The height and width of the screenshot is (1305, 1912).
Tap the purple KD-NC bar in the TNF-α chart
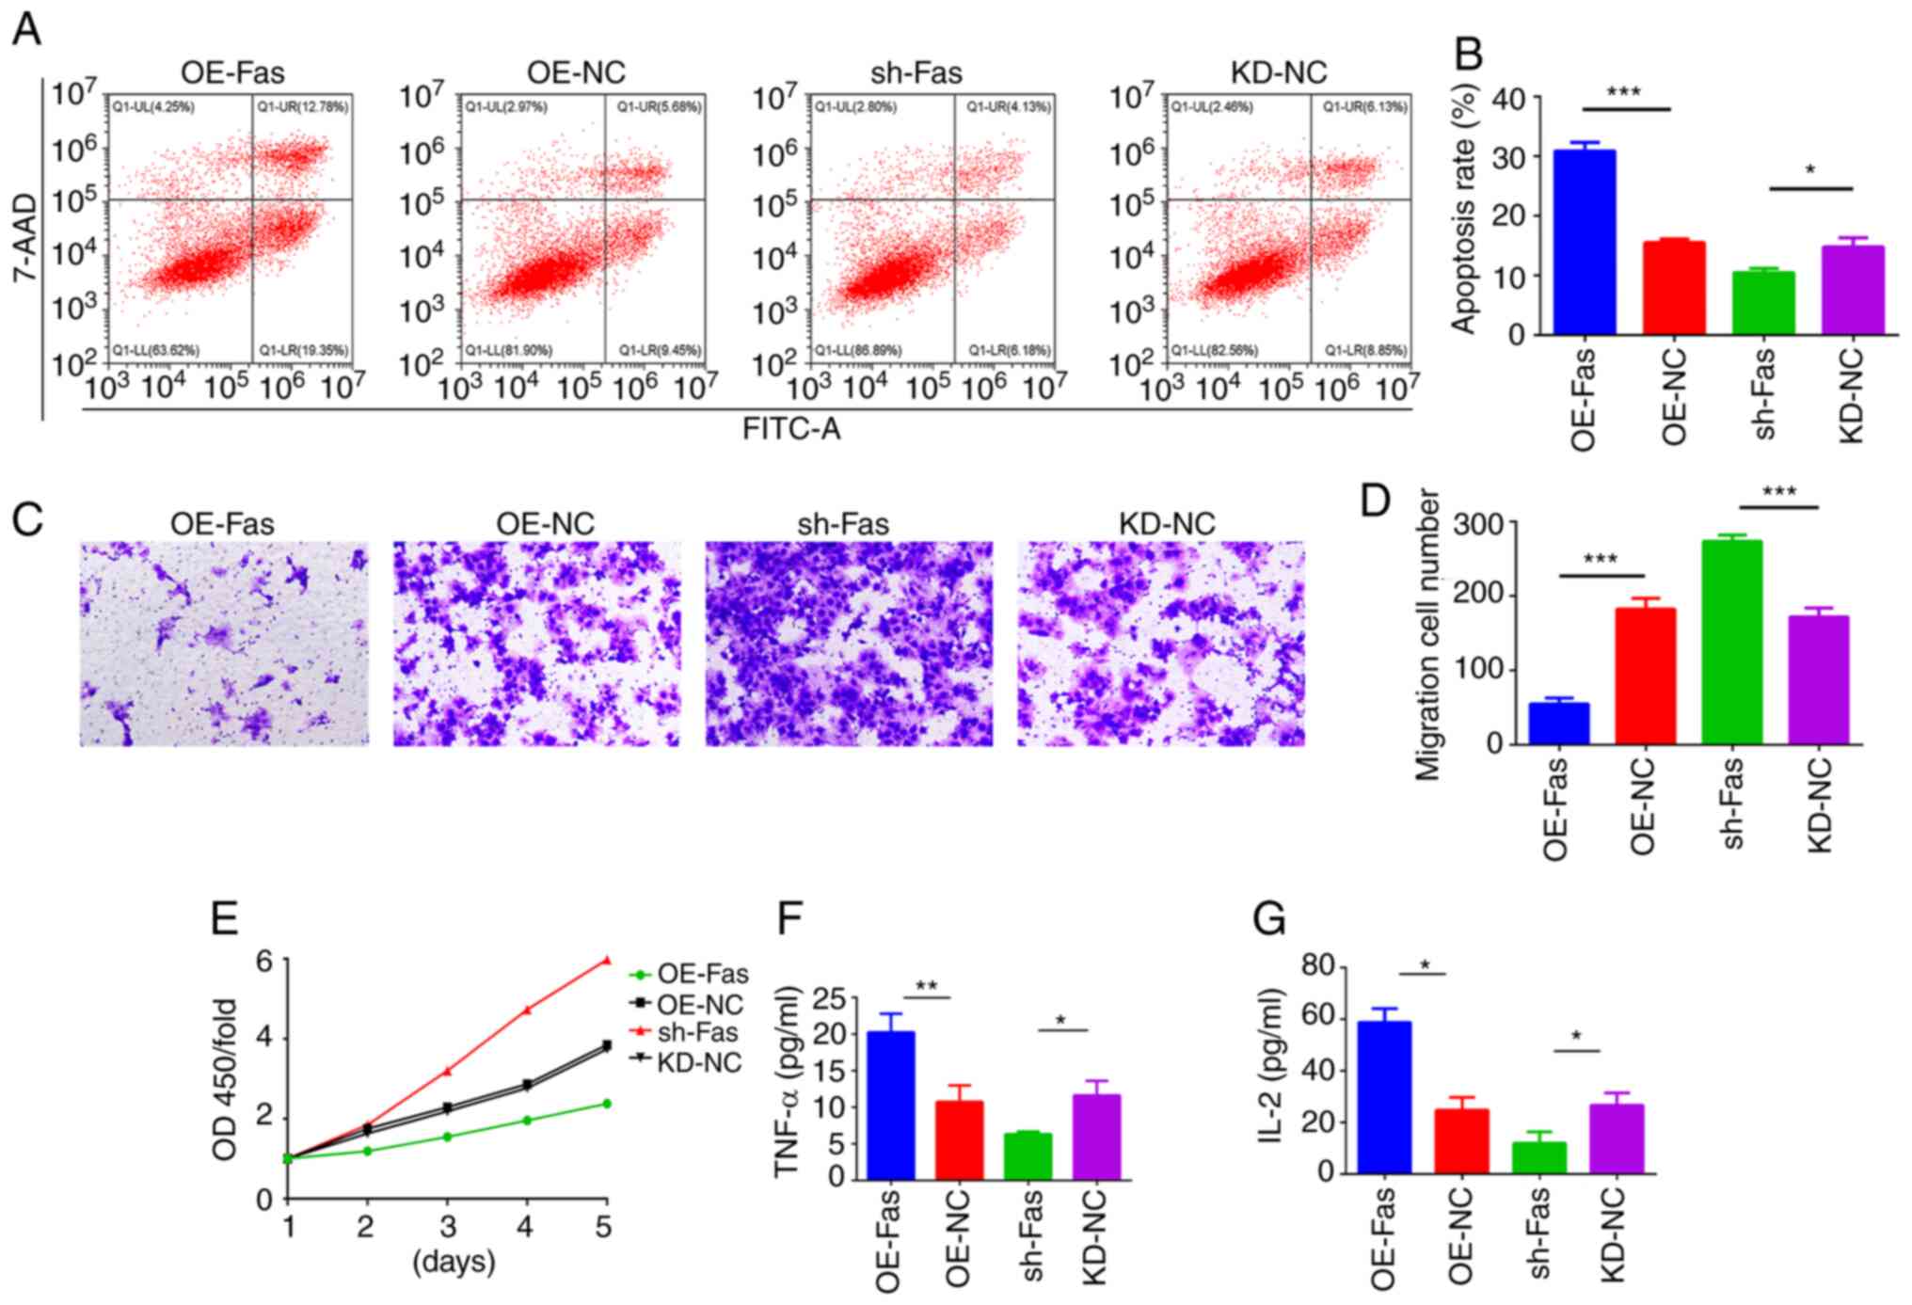tap(1096, 1137)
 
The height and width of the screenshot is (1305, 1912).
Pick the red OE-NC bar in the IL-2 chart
tap(1461, 1141)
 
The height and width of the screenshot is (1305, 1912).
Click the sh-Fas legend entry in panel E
tap(697, 1032)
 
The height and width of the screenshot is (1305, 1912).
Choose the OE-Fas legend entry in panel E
tap(702, 974)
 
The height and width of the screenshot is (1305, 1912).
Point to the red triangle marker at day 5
tap(607, 960)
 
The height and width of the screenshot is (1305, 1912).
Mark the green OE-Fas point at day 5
tap(607, 1103)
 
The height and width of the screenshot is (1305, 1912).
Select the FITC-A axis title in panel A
tap(790, 429)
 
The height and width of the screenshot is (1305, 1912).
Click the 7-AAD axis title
tap(24, 237)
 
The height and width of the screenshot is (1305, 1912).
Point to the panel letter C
tap(27, 517)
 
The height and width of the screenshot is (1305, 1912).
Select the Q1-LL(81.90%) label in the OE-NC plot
tap(508, 350)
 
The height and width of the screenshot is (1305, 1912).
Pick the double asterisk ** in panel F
tap(926, 987)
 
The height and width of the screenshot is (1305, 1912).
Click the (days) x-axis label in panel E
tap(454, 1261)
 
